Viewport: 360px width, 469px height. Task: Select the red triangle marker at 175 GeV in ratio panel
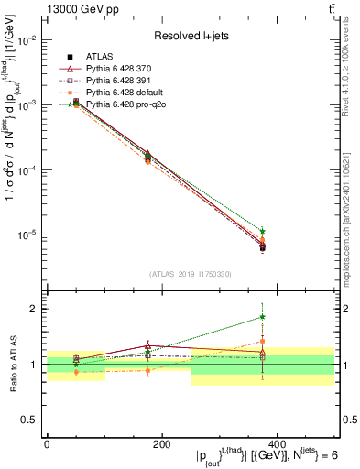[147, 345]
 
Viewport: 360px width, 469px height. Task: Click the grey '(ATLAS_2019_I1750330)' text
[191, 273]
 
